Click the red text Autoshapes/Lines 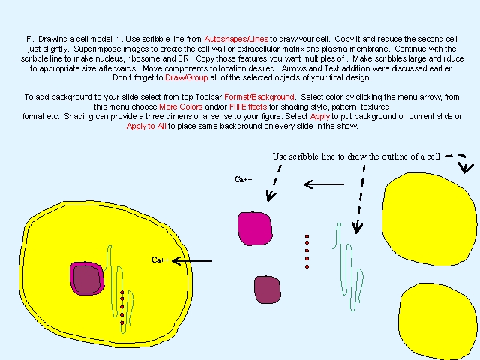click(x=236, y=39)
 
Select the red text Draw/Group click(x=187, y=77)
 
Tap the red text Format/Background click(x=259, y=97)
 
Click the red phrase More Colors click(x=181, y=106)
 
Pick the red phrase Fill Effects click(x=248, y=106)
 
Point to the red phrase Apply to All click(x=146, y=126)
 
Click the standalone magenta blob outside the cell click(x=255, y=229)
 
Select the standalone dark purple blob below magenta click(x=268, y=289)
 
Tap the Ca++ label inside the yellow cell click(x=160, y=260)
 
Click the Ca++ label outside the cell click(x=243, y=179)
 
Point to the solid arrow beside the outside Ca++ click(x=324, y=184)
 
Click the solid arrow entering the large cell click(x=192, y=261)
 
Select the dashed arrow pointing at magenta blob click(x=274, y=183)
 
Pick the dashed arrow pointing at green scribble click(x=360, y=199)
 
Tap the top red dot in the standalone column click(x=307, y=236)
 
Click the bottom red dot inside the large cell click(x=122, y=322)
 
